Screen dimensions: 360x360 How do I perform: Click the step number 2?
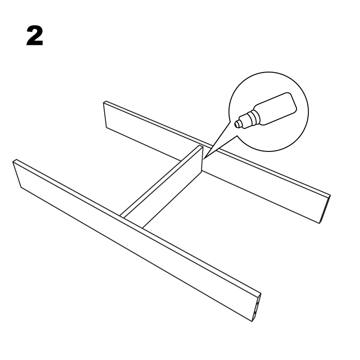click(34, 37)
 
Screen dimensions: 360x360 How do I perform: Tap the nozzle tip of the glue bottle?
click(238, 123)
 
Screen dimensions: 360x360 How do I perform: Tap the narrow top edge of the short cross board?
click(161, 179)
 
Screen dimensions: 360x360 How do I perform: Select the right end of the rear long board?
click(326, 209)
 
